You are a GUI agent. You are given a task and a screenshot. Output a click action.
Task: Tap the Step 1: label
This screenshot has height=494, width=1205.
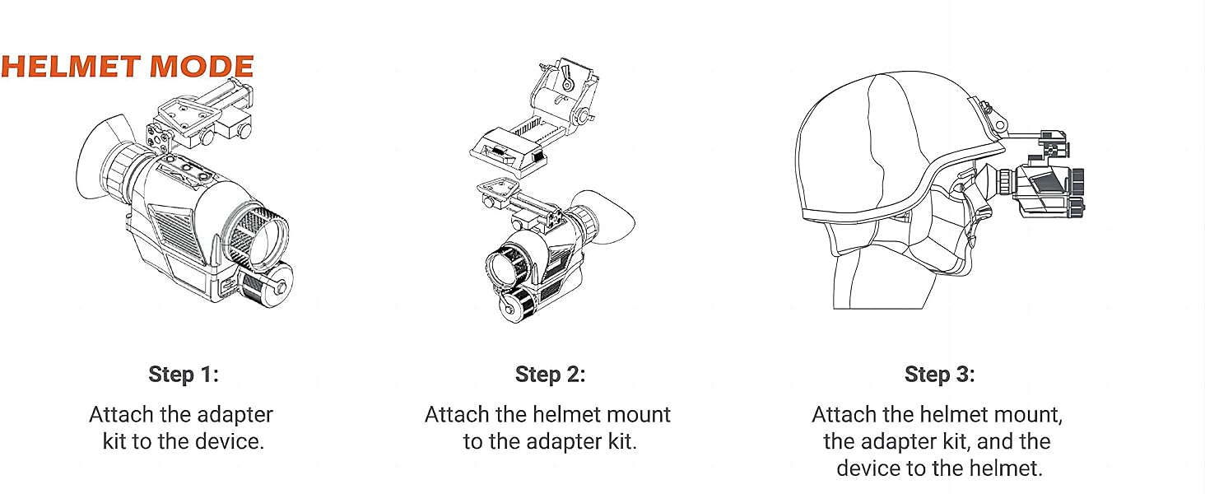point(184,375)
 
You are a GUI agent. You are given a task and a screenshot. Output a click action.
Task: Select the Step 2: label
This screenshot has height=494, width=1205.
point(550,375)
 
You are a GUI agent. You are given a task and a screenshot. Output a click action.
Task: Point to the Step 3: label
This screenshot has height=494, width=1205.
point(939,375)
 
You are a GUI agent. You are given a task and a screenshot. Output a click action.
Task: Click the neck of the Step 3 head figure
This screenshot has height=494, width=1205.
point(885,284)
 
